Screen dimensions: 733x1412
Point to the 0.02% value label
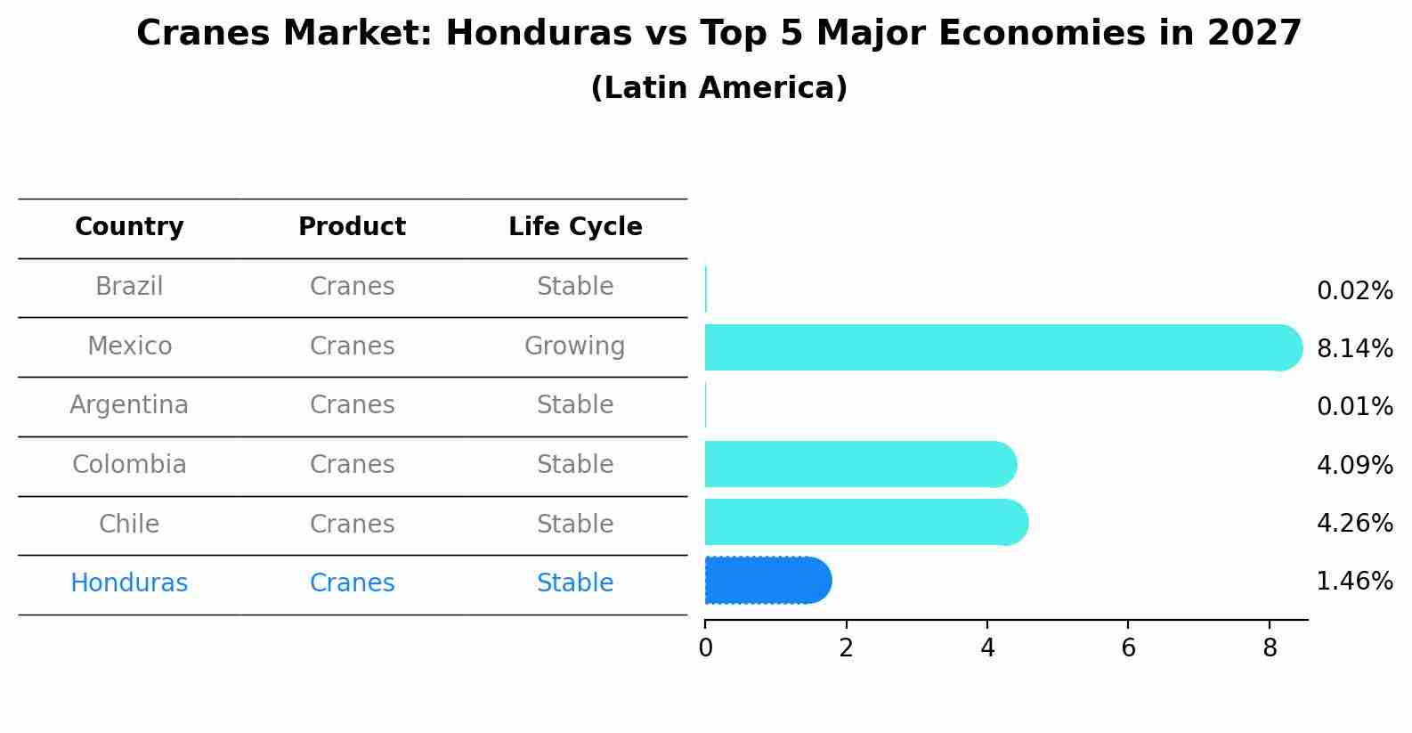(x=1354, y=291)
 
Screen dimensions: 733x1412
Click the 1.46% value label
(x=1354, y=582)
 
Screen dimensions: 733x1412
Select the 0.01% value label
(x=1354, y=407)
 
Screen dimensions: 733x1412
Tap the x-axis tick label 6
(x=1128, y=648)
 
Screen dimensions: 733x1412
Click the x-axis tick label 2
(x=846, y=648)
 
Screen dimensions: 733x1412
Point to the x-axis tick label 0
(x=705, y=648)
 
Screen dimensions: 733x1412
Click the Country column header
(x=129, y=227)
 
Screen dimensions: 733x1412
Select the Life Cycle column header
(x=575, y=227)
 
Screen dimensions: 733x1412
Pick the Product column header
(x=352, y=227)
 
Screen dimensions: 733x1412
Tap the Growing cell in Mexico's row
(x=574, y=346)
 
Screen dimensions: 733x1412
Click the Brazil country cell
(x=129, y=287)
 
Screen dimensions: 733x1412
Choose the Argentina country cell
(x=129, y=405)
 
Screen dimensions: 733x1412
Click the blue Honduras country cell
(x=129, y=583)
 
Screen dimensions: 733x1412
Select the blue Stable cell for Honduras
(x=574, y=583)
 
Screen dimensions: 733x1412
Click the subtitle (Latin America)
(x=718, y=88)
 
